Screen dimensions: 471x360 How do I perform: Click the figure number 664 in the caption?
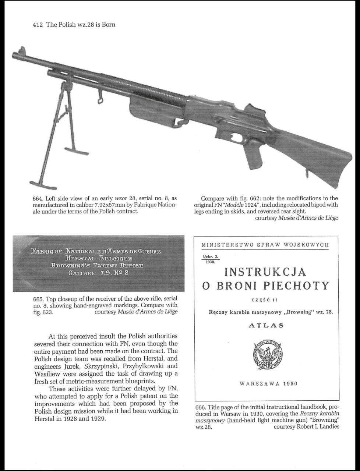click(38, 199)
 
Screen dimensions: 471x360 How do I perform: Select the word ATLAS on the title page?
click(266, 325)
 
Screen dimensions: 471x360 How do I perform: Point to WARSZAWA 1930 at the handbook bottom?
click(268, 383)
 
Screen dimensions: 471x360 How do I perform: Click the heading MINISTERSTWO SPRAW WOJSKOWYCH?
click(265, 245)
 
